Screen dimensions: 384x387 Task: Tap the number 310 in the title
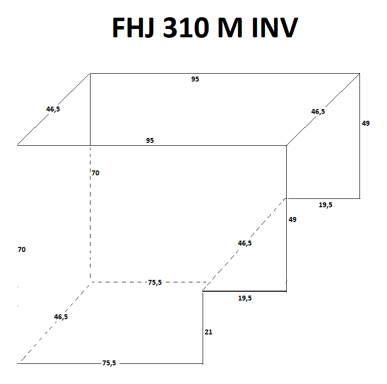coord(183,28)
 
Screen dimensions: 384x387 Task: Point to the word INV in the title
coord(275,28)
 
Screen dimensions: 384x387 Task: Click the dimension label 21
coord(208,332)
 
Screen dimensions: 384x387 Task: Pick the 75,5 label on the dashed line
coord(155,282)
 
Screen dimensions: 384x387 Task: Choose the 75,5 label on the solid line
coord(110,363)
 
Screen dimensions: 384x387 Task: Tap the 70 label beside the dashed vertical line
coord(95,173)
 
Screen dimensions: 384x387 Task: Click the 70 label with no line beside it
coord(22,249)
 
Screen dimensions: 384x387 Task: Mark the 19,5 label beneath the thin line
coord(325,205)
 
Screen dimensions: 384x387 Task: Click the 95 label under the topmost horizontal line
coord(195,79)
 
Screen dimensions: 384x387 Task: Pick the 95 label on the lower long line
coord(150,140)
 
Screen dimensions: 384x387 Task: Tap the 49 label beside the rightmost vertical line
coord(366,123)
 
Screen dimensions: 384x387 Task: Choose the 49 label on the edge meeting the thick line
coord(293,219)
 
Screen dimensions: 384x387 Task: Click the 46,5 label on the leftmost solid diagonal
coord(53,109)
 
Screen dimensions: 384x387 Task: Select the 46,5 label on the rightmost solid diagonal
coord(318,111)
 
